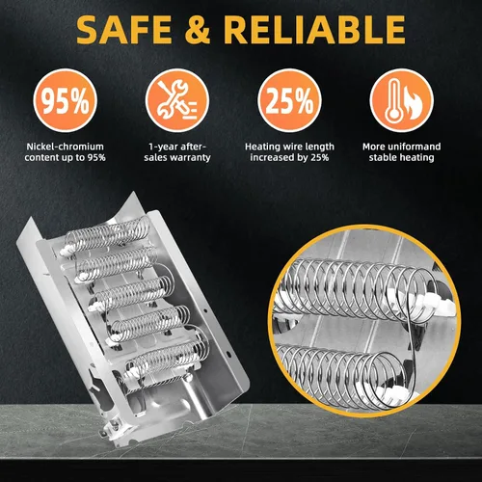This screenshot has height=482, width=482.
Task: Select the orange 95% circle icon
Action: click(66, 100)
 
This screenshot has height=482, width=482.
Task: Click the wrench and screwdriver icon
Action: click(177, 100)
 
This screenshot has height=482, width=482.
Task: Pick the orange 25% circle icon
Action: click(289, 100)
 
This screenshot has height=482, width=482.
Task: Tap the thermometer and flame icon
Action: click(402, 100)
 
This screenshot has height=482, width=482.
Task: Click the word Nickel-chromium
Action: click(65, 147)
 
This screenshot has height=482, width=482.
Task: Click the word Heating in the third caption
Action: click(262, 147)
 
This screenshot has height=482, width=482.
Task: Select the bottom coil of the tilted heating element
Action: click(167, 359)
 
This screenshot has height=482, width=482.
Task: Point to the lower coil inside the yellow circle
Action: click(340, 375)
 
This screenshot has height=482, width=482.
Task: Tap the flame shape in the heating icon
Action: click(413, 103)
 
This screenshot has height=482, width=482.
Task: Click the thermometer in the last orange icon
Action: click(392, 100)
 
